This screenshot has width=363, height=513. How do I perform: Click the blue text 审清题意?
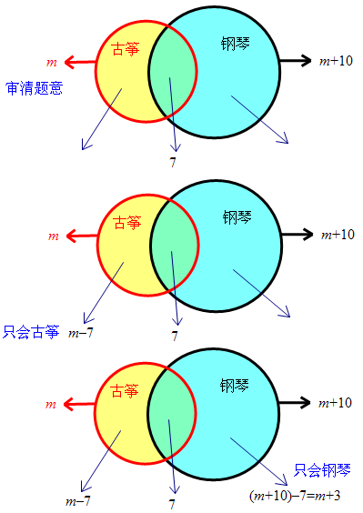[x=33, y=89]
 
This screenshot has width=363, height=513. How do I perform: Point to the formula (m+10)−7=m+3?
[x=294, y=495]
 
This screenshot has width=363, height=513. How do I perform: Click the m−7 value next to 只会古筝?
[x=81, y=333]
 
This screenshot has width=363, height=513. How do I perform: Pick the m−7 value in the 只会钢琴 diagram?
[x=76, y=500]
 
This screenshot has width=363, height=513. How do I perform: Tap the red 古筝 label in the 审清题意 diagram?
[x=126, y=49]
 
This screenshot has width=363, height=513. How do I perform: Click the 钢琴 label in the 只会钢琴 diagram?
[x=234, y=385]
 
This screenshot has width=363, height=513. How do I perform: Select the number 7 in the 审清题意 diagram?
[x=173, y=162]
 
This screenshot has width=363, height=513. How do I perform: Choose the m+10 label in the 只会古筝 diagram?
[x=337, y=234]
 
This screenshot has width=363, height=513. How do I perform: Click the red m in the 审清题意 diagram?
[x=51, y=62]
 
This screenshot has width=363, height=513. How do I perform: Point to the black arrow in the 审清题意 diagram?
[x=293, y=61]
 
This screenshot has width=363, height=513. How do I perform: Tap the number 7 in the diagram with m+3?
[x=173, y=502]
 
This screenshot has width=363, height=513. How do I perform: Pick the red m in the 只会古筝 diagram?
[x=52, y=236]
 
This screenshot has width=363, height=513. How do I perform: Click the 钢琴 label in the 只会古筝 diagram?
[x=237, y=217]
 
